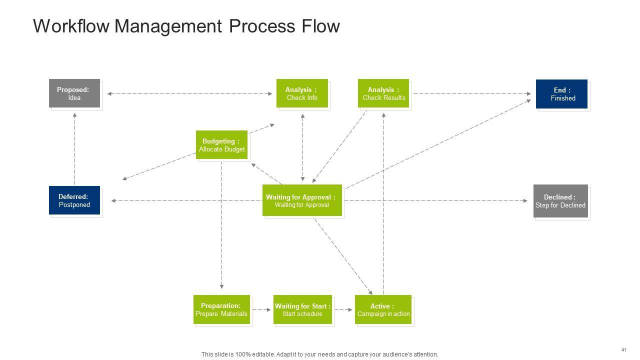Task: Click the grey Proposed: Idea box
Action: [x=74, y=93]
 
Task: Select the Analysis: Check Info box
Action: [x=302, y=93]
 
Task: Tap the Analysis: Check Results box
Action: [x=383, y=93]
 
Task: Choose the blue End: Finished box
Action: [x=562, y=94]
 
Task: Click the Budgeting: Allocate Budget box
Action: [x=221, y=145]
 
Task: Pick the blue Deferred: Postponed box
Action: [x=74, y=200]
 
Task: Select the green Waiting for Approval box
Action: [x=302, y=200]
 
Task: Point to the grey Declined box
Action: [x=560, y=201]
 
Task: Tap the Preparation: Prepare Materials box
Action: [x=221, y=309]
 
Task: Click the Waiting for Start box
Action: [x=302, y=309]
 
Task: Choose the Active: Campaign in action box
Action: [x=383, y=309]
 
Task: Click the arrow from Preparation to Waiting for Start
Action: [x=261, y=310]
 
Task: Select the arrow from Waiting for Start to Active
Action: [x=343, y=310]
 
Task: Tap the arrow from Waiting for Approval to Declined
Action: [x=435, y=201]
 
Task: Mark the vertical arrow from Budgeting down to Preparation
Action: [x=221, y=225]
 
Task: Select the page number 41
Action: [x=623, y=349]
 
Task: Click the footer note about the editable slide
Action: [x=319, y=354]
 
